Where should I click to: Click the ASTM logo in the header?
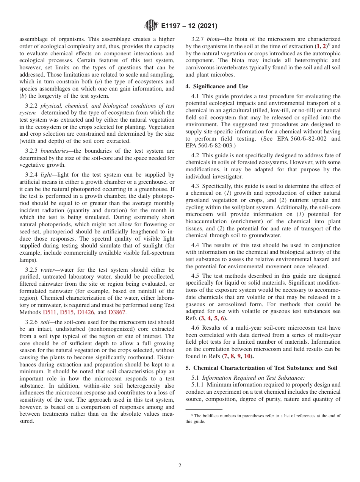[152, 26]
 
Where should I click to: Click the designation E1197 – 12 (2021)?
[189, 26]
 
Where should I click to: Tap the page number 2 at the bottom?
[180, 466]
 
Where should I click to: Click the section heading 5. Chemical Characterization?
[262, 368]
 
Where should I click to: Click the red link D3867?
[117, 312]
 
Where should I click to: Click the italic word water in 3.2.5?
[47, 270]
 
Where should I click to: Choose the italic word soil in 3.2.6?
[45, 322]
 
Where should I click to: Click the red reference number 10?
[247, 356]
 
